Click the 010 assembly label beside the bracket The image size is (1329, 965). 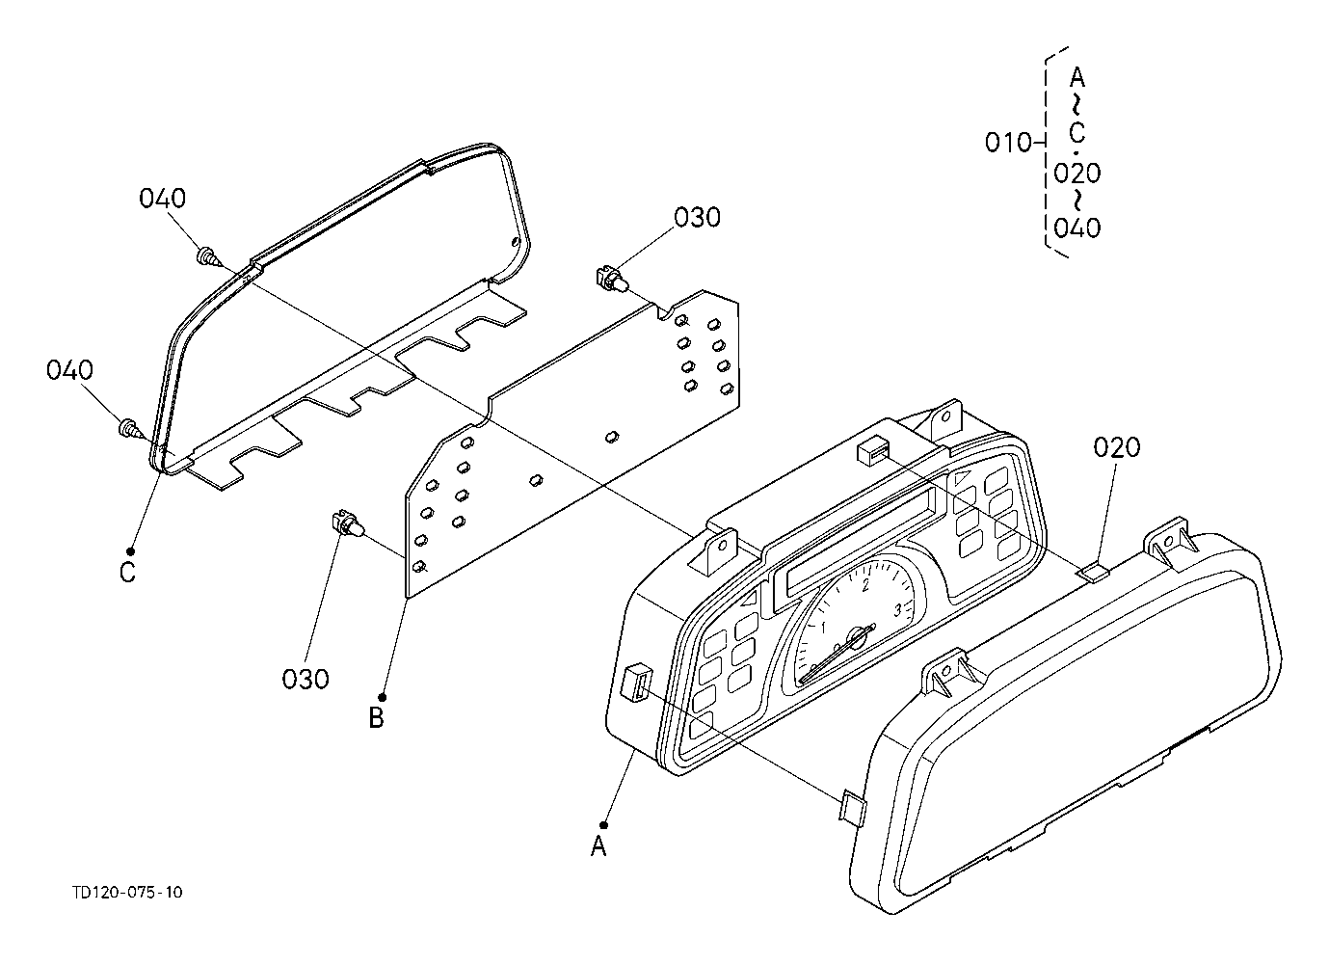1007,144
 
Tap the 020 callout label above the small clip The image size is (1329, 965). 1117,447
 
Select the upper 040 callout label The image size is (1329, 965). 162,199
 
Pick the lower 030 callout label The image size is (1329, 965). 306,679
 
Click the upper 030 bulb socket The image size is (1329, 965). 609,280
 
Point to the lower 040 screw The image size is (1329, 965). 127,426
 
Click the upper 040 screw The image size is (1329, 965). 206,256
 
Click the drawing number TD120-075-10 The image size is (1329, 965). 126,892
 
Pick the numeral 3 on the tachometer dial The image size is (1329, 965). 897,609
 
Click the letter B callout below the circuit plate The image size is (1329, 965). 377,718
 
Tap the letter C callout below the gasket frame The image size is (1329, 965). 127,573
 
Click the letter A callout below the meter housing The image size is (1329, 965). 598,846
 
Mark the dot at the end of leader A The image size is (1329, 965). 603,824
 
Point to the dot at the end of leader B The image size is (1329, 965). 383,697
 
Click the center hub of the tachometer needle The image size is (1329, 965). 855,637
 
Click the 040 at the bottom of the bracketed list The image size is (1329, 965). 1076,228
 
